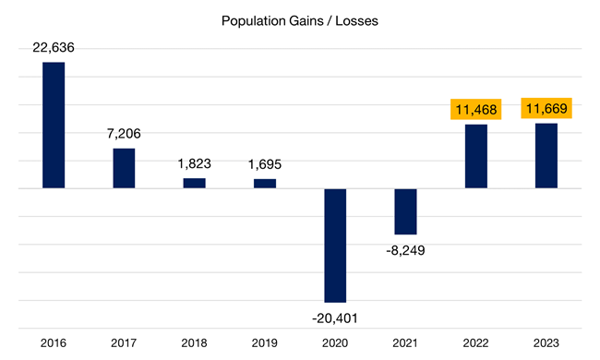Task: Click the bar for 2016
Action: coord(54,126)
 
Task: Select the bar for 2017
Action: coord(124,168)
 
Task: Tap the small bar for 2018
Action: coord(194,183)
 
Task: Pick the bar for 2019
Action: coord(265,183)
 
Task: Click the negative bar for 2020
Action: coord(335,246)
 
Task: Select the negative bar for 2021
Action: coord(405,211)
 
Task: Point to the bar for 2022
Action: coord(475,156)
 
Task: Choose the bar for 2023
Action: coord(546,156)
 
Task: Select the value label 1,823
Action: coord(194,163)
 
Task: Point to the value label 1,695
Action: coord(265,164)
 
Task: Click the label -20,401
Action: coord(335,318)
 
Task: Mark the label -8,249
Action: coord(405,250)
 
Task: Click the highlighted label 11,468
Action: coord(475,110)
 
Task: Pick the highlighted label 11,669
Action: coord(546,109)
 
